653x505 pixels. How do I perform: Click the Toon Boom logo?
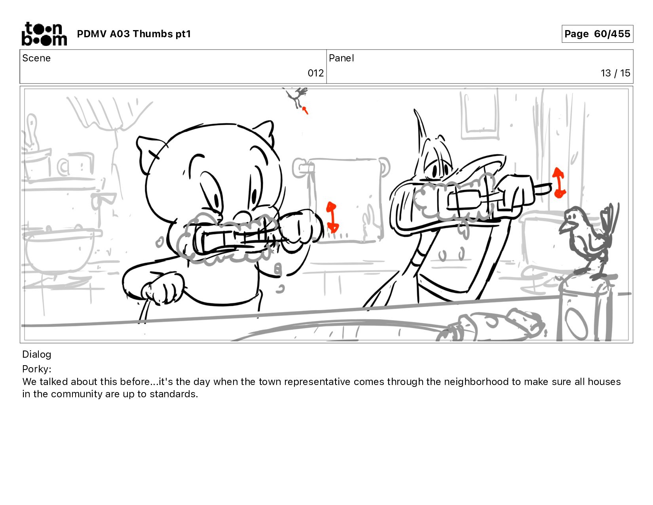tap(44, 34)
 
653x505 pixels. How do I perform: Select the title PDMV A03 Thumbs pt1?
tap(134, 34)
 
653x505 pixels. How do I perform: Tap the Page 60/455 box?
tap(597, 34)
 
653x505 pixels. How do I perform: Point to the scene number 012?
tap(315, 73)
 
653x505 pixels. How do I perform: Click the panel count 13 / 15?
tap(615, 73)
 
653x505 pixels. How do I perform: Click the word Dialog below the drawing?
tap(37, 354)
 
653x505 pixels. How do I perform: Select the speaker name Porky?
tap(37, 369)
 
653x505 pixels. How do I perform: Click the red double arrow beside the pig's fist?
tap(332, 217)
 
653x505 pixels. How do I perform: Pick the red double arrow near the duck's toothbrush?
tap(558, 183)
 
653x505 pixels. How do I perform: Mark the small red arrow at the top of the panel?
tap(305, 110)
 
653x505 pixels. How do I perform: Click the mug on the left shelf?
tap(76, 165)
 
